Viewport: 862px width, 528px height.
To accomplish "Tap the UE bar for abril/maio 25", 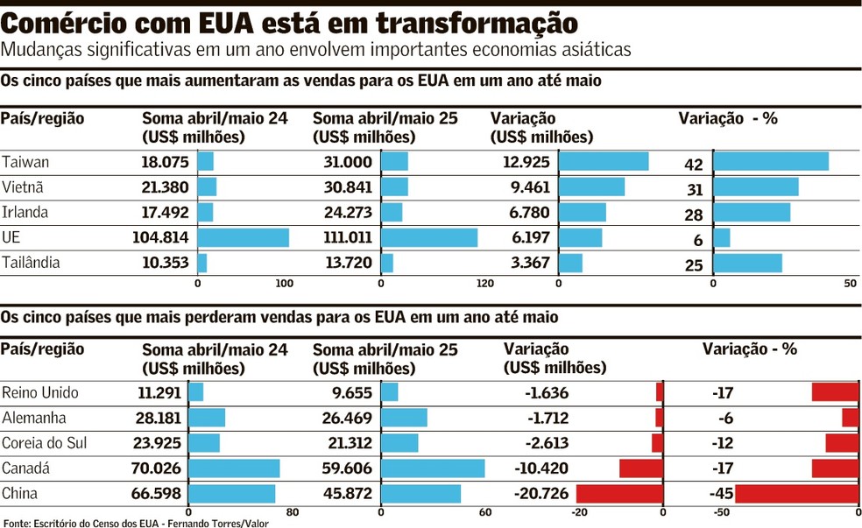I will pos(429,237).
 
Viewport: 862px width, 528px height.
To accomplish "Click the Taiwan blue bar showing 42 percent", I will pos(771,162).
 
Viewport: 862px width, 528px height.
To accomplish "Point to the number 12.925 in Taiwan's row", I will pos(522,162).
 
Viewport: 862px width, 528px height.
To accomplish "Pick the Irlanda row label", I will pos(25,213).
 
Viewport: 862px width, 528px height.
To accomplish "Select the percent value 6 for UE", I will pos(698,240).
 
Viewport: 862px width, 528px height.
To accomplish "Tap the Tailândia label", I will pos(32,263).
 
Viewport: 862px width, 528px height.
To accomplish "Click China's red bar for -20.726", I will pos(619,494).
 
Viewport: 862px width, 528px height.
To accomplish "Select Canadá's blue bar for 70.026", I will pos(234,468).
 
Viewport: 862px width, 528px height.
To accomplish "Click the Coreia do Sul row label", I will pos(44,443).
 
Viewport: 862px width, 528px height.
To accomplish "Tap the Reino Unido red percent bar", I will pos(835,392).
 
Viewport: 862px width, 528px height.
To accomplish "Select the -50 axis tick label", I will pos(723,512).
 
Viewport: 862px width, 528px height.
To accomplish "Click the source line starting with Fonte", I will pos(135,523).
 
